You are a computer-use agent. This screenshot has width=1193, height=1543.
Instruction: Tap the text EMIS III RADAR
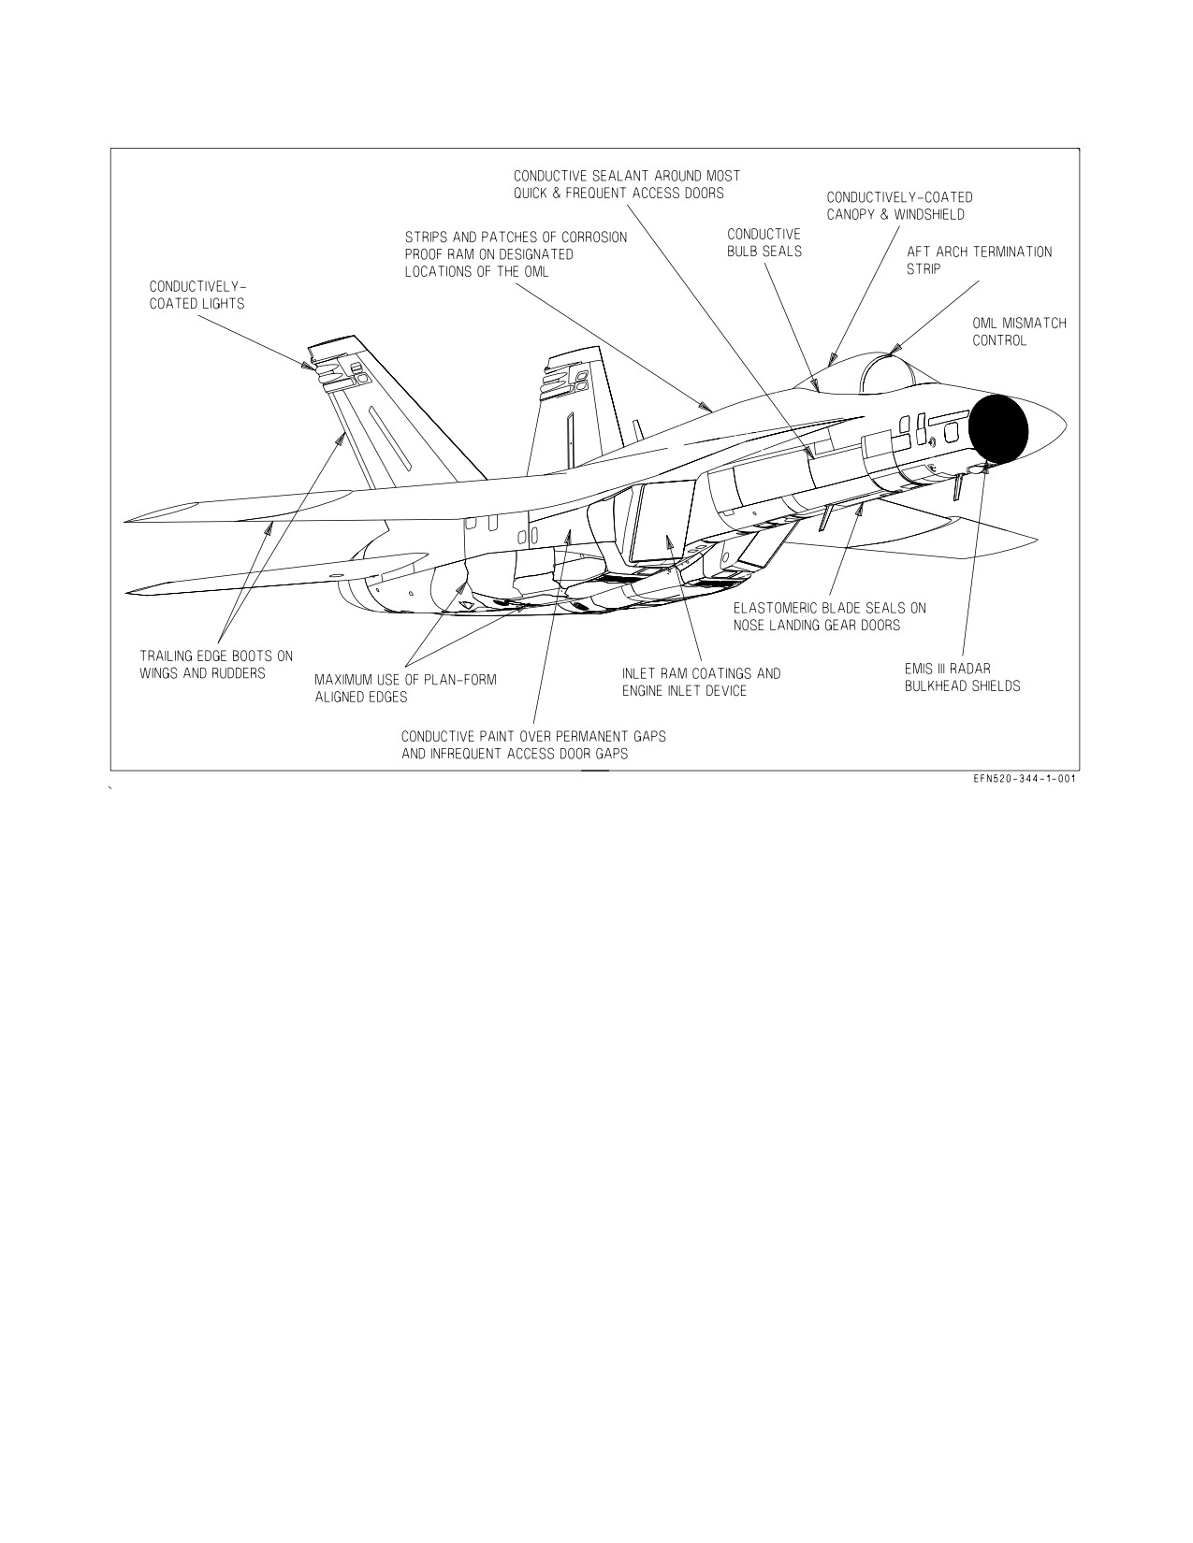[947, 669]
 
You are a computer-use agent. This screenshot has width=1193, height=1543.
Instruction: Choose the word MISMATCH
[1034, 323]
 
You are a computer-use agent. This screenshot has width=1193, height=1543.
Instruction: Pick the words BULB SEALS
[764, 252]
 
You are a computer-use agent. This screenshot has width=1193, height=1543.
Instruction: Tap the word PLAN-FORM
[462, 680]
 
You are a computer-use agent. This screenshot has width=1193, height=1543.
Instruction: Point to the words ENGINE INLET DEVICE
[684, 691]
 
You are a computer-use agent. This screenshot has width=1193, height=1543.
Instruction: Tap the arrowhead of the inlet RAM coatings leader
[667, 541]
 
